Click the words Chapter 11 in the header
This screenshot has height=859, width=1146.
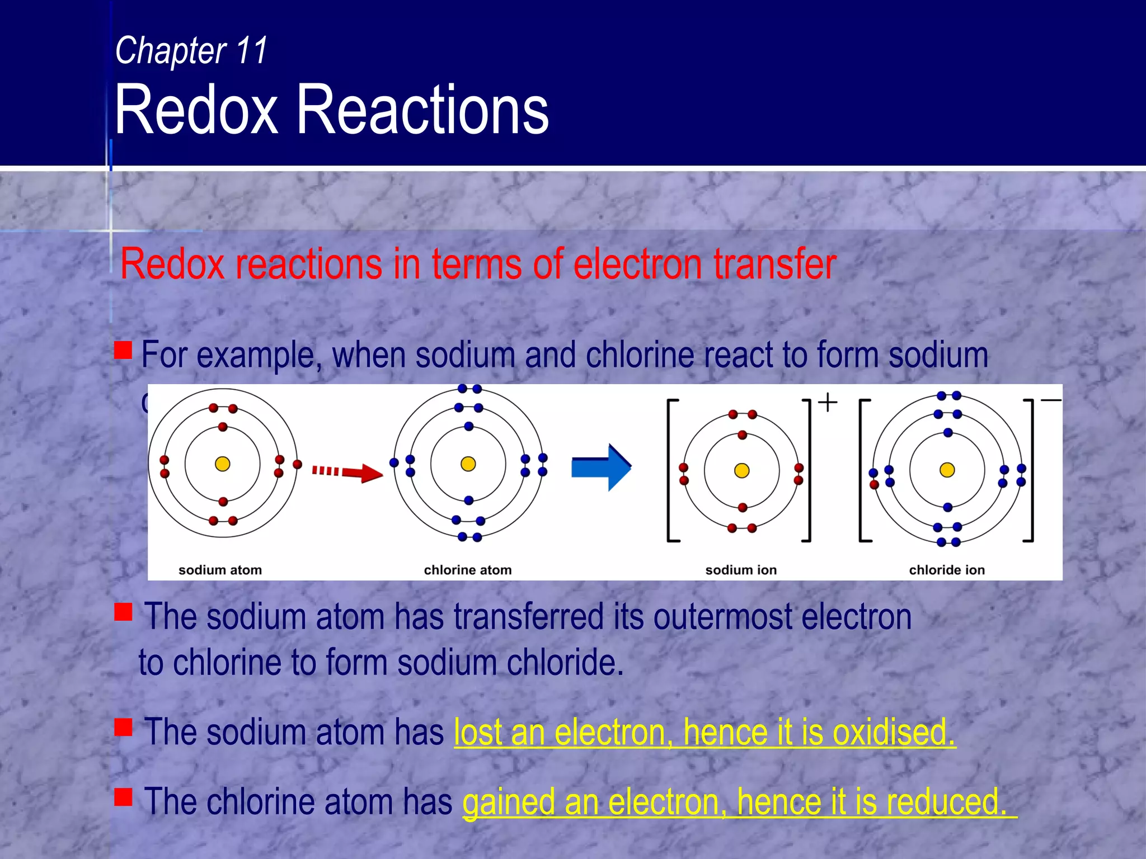[x=191, y=50]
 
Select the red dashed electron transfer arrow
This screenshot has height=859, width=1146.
[x=347, y=472]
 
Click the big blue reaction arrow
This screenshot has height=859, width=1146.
[x=602, y=468]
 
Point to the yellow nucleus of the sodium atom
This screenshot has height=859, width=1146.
[x=223, y=464]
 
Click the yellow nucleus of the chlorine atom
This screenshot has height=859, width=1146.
[x=468, y=464]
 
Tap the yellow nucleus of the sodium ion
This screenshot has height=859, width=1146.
[x=742, y=470]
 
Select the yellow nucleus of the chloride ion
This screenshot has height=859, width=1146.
[x=947, y=470]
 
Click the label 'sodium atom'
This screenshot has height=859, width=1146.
[x=220, y=570]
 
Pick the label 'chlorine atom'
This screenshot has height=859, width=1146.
[x=468, y=570]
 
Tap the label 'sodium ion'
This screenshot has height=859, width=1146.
[x=741, y=570]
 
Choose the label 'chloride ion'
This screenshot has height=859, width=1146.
[x=947, y=570]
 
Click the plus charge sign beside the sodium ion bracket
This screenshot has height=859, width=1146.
[x=828, y=402]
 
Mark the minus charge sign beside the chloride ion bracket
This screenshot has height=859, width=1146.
[x=1051, y=400]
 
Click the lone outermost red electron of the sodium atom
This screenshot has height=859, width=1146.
[x=298, y=464]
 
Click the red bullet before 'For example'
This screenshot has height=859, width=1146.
[x=123, y=350]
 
